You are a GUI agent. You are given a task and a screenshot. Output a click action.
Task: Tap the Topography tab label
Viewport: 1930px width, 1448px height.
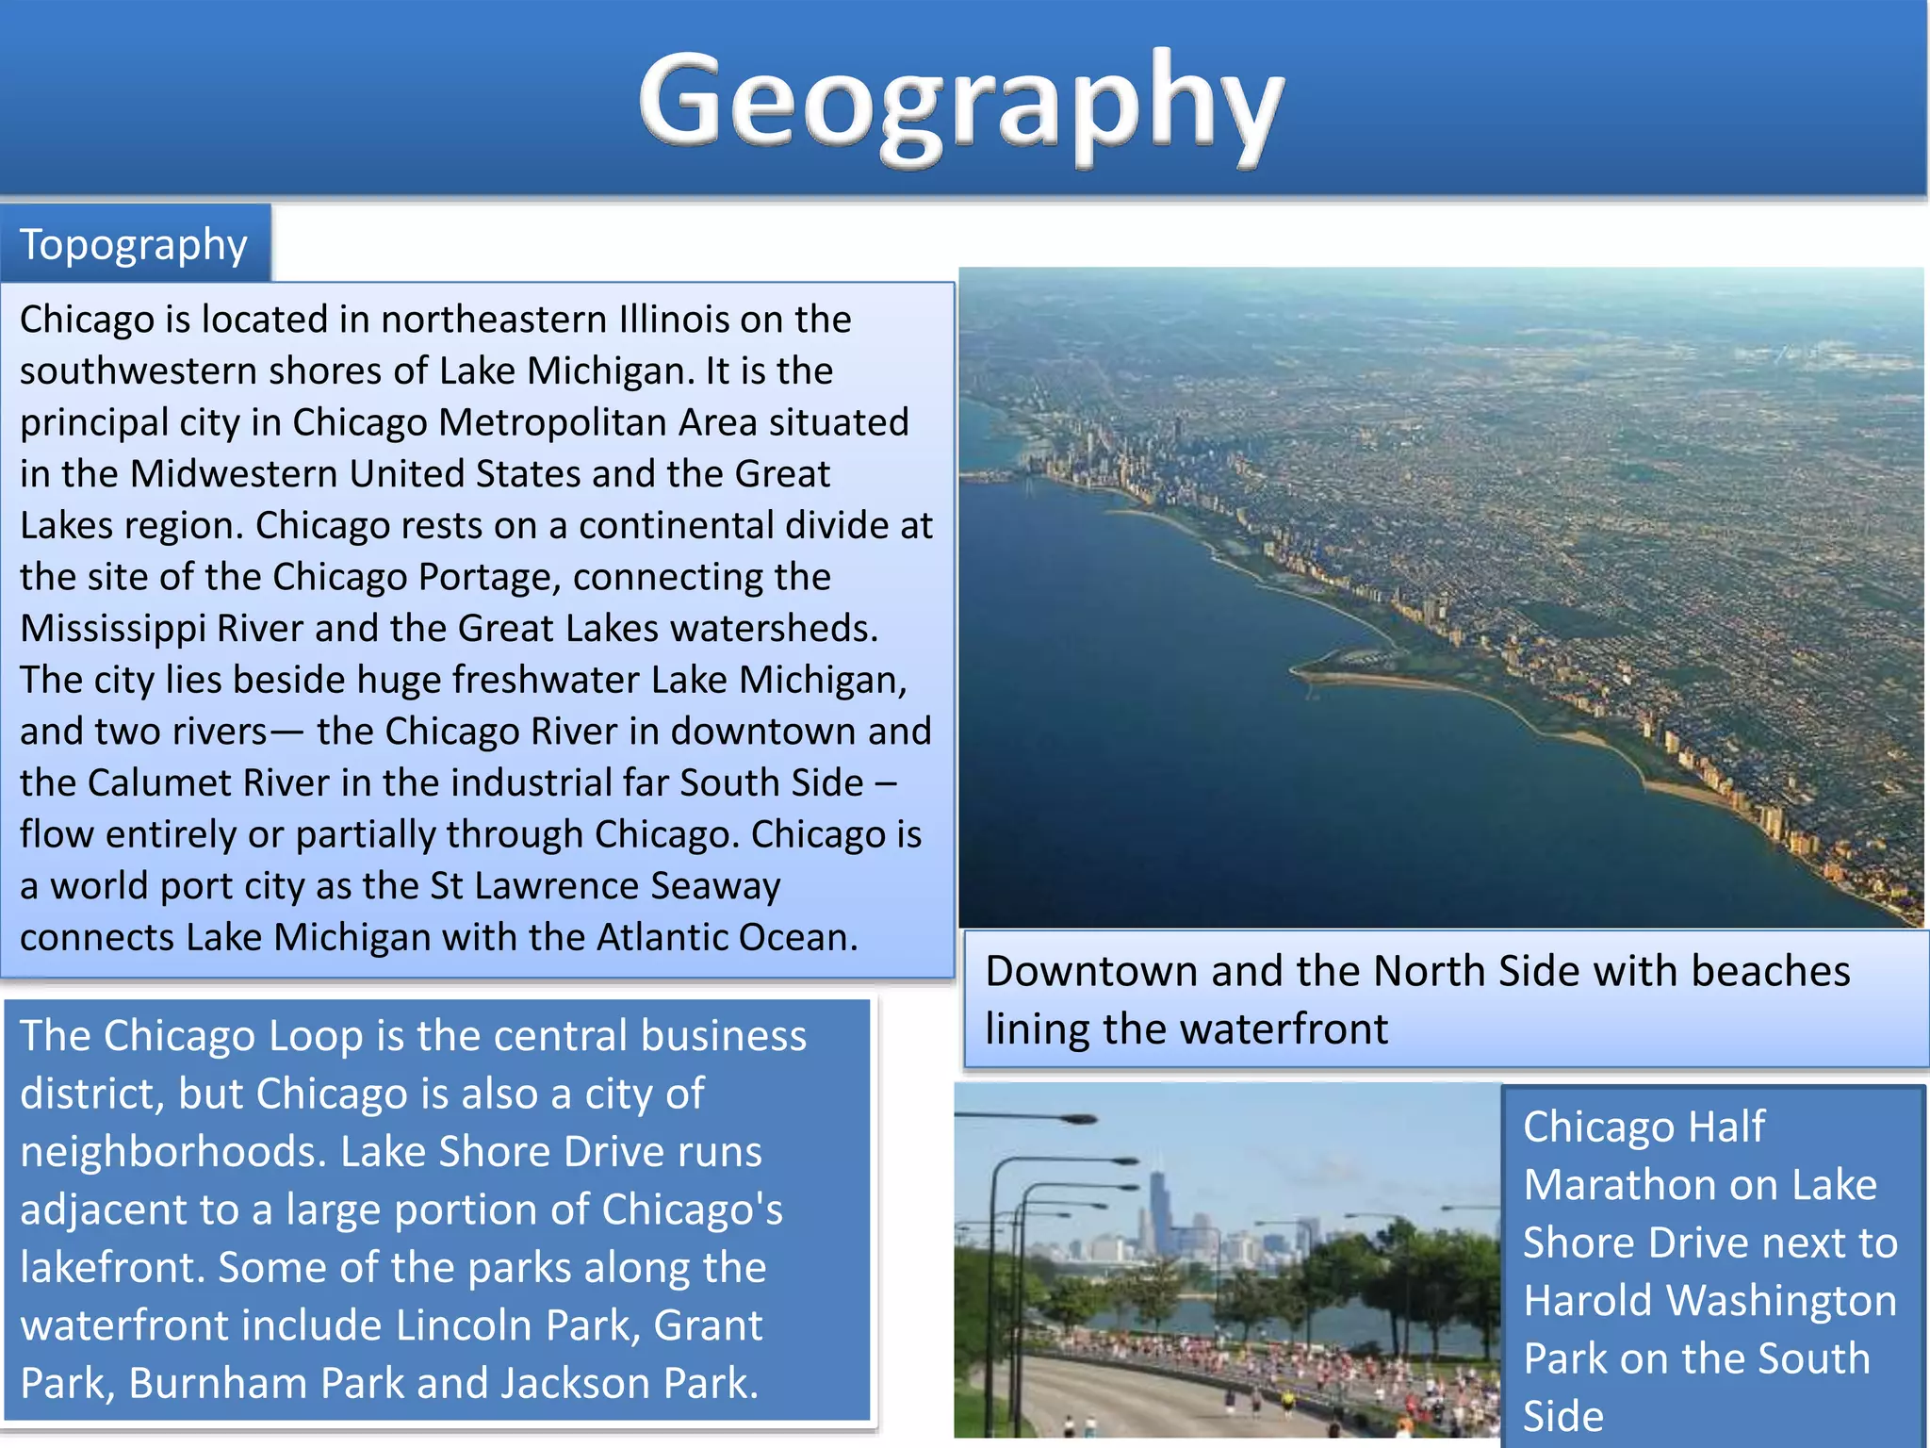[134, 245]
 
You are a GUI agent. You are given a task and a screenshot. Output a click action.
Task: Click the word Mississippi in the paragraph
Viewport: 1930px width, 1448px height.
[112, 629]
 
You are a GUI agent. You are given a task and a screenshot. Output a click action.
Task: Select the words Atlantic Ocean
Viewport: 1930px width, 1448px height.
[727, 938]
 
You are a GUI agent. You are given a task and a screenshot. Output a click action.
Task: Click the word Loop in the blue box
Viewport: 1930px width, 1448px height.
[316, 1036]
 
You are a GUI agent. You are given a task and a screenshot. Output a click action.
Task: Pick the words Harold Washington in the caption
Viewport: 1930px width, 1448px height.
[1709, 1301]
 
